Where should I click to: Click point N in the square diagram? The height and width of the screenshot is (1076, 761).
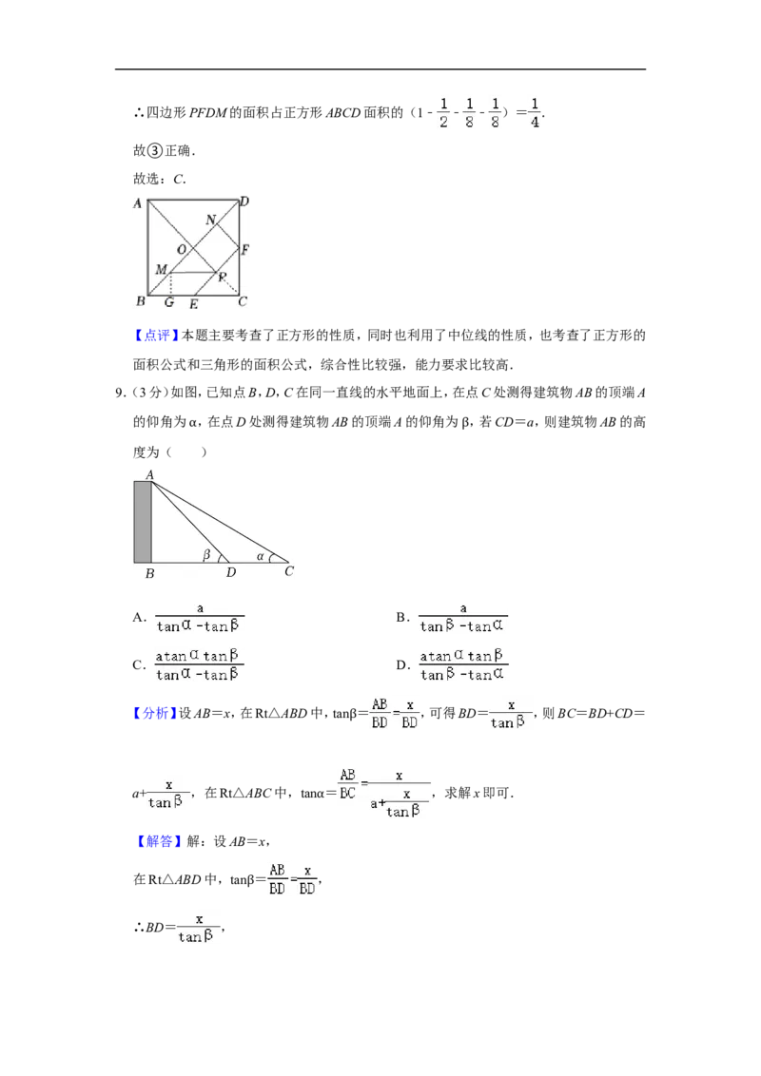(211, 220)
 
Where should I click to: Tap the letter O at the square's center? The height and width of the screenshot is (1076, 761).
(182, 250)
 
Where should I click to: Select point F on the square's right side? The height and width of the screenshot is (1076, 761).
(245, 250)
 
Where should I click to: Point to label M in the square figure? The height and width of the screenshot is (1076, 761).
(161, 270)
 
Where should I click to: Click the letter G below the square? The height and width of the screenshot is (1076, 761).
(169, 302)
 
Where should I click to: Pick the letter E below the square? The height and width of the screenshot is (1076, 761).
(194, 304)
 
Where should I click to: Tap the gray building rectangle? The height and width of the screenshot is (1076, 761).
(142, 522)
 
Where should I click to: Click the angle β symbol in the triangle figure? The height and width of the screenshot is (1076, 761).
(206, 554)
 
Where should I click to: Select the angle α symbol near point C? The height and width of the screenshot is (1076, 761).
(261, 556)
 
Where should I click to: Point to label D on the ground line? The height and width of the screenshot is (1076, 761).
(231, 572)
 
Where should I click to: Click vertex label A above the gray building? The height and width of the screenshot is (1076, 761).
(149, 475)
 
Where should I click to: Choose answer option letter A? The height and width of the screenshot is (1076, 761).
(138, 618)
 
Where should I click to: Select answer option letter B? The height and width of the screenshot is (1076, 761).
(401, 618)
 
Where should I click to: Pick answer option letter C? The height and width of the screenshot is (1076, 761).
(138, 665)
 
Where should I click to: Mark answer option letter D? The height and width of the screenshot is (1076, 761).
(401, 665)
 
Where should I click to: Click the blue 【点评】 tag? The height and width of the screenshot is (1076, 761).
(156, 336)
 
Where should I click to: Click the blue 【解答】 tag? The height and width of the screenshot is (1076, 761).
(158, 841)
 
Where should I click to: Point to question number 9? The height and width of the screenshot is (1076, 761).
(120, 394)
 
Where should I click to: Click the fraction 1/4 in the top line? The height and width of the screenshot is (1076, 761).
(535, 113)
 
